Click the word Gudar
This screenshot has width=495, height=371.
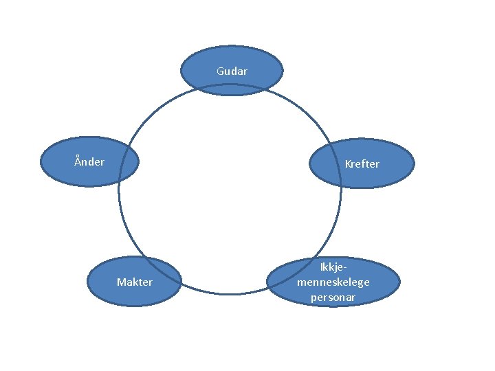(x=232, y=71)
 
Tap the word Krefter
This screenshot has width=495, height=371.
(x=362, y=164)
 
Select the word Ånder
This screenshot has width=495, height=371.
(x=89, y=162)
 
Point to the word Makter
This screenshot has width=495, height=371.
(x=135, y=282)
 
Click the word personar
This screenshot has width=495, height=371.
(x=333, y=297)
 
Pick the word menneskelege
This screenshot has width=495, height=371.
(x=333, y=282)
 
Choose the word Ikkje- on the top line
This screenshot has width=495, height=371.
(x=333, y=267)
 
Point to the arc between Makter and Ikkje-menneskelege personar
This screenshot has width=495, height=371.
(x=230, y=294)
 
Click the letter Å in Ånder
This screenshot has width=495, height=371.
(x=78, y=161)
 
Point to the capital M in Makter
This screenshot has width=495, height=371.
(x=121, y=282)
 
